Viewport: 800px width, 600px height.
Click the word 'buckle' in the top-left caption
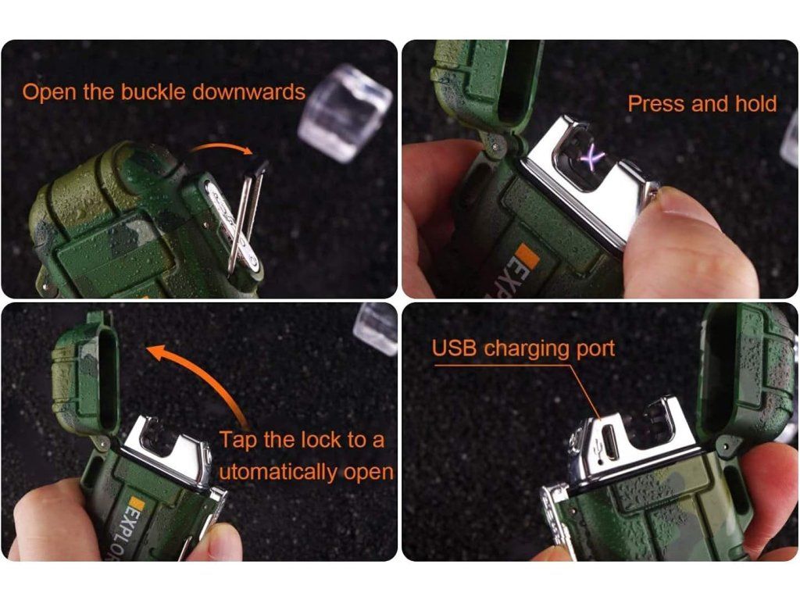[152, 92]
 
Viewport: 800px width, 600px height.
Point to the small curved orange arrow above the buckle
[221, 147]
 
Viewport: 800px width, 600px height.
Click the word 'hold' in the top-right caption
[756, 104]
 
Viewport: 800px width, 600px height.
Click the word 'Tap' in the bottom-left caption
[237, 441]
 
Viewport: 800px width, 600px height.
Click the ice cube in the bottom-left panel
[376, 328]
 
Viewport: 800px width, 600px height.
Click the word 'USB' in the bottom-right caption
[454, 348]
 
